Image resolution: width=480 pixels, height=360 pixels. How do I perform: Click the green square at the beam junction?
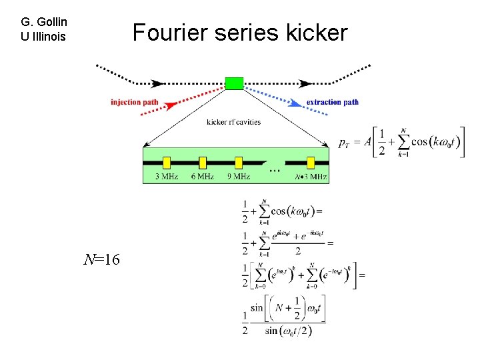click(234, 83)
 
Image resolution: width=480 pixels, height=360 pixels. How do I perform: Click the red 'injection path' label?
click(135, 102)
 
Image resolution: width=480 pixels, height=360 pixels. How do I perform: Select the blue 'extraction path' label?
click(332, 102)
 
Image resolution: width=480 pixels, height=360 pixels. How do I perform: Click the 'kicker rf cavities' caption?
click(233, 122)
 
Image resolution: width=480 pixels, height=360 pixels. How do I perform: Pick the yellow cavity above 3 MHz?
click(167, 162)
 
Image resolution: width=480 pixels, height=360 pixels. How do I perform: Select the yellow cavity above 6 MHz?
click(203, 162)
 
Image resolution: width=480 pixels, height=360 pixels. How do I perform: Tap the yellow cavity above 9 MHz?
click(239, 162)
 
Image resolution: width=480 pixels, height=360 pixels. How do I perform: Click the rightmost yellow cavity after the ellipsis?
click(310, 162)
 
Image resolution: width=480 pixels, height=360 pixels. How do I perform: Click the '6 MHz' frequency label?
click(203, 176)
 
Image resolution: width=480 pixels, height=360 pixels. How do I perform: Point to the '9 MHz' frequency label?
click(238, 176)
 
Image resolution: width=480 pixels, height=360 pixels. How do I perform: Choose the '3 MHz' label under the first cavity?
click(167, 176)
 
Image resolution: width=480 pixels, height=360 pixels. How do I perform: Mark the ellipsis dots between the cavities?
click(274, 169)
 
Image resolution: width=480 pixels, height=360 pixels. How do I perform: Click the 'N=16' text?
click(101, 259)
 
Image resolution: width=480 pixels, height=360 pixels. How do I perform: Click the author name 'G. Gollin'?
click(45, 22)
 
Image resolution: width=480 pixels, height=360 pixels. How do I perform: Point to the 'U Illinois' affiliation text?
click(43, 36)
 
